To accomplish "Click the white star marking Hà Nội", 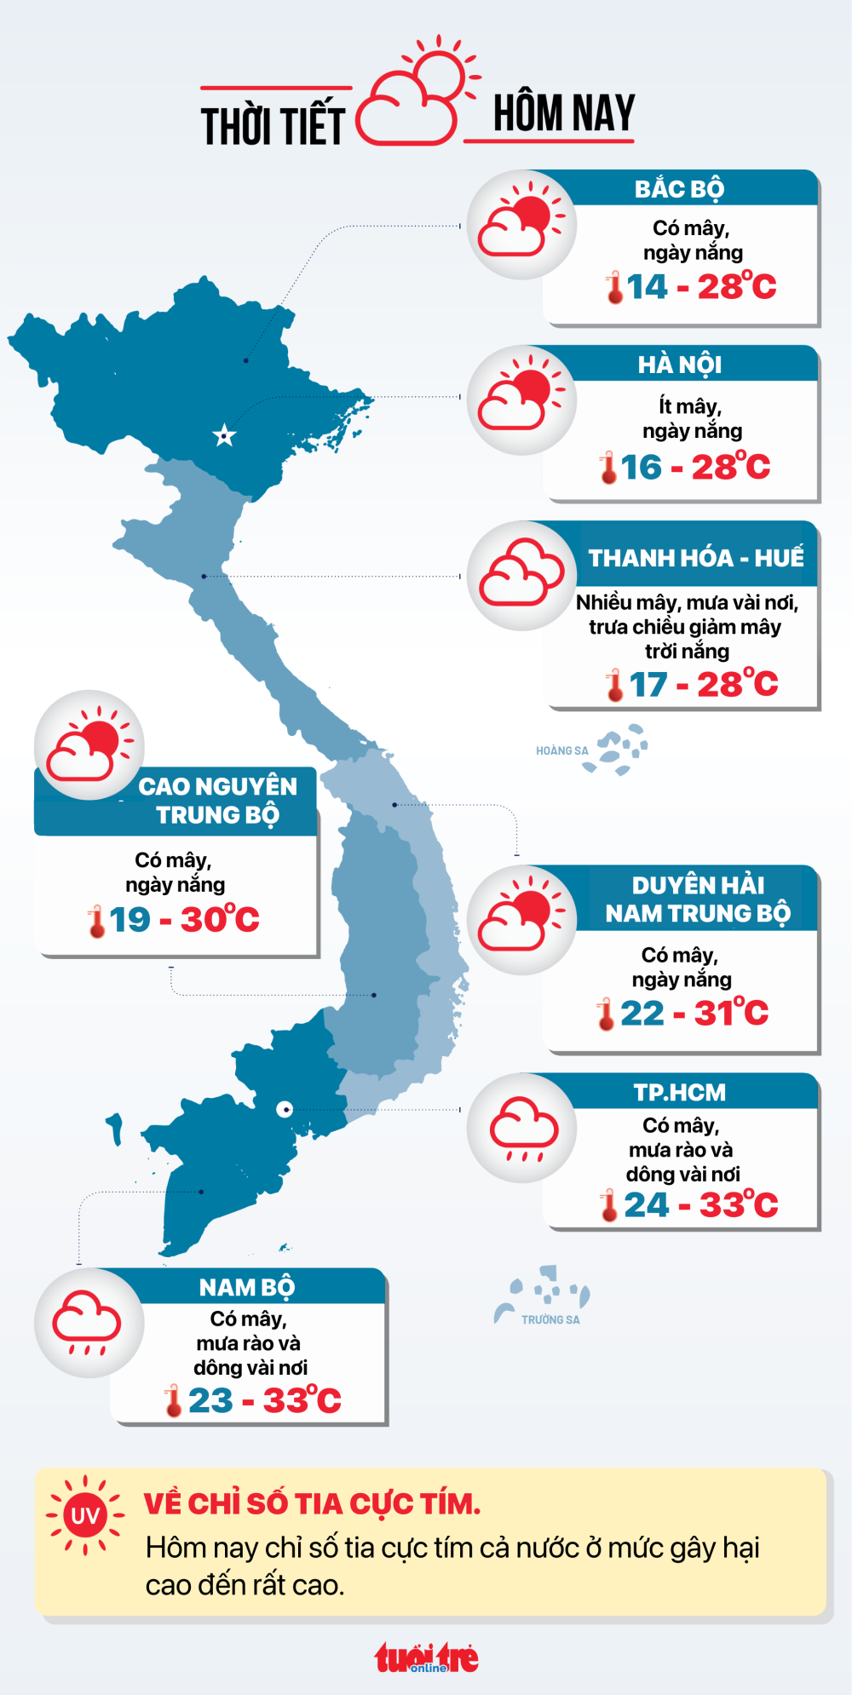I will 224,437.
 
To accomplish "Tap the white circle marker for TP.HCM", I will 285,1109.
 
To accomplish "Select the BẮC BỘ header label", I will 679,189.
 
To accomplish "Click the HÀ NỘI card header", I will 680,365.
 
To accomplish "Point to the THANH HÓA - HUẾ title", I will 695,558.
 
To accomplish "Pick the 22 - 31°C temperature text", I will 694,1014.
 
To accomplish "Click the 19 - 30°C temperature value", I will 184,920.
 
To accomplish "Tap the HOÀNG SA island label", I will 561,750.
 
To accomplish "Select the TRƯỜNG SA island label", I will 550,1319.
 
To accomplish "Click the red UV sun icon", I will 85,1515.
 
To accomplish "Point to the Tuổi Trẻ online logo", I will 427,1658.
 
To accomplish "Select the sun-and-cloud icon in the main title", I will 417,94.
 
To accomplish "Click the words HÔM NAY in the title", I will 564,113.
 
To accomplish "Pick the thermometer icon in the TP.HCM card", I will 608,1206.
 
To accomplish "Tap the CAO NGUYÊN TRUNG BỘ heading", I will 218,801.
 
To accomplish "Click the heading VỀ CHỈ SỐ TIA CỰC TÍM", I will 312,1504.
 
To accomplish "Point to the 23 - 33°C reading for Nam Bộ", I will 264,1400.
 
